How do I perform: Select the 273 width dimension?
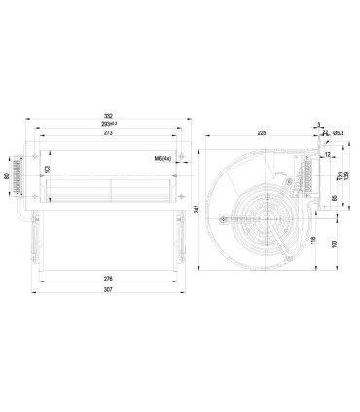pos(109,134)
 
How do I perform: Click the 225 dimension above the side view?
pos(262,133)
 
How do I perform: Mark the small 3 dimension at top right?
pos(319,124)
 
